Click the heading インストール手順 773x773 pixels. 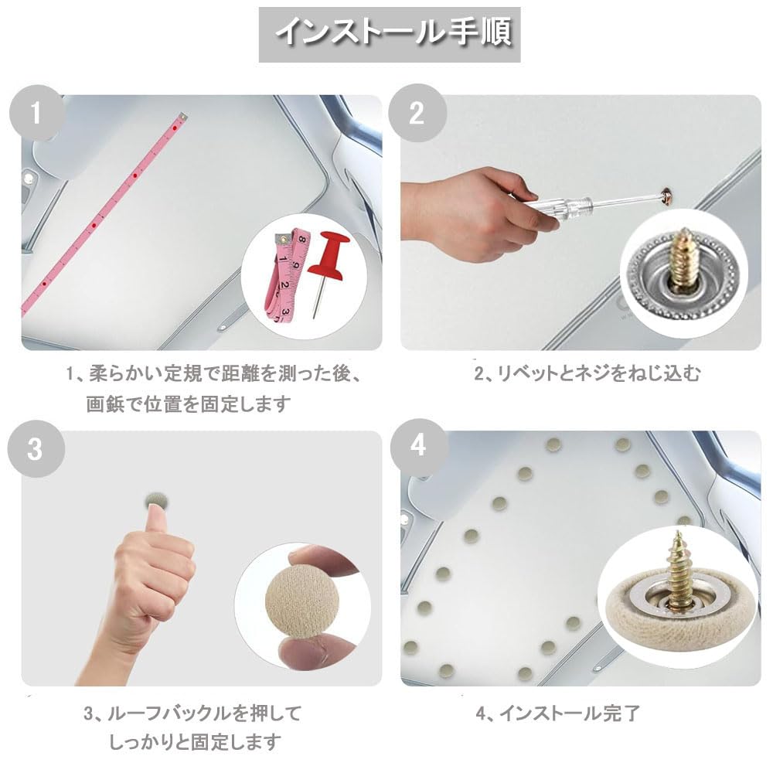click(393, 32)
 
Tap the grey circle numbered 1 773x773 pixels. click(36, 113)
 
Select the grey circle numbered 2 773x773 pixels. click(417, 113)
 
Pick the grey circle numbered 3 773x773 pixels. click(36, 448)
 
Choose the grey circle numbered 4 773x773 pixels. click(418, 447)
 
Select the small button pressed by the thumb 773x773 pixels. click(157, 501)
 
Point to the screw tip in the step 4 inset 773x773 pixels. click(679, 533)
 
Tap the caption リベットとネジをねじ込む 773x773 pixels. click(598, 374)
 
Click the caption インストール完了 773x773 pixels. click(570, 713)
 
